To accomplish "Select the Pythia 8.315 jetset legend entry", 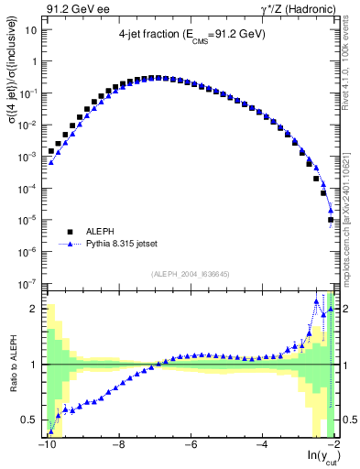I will pyautogui.click(x=124, y=245).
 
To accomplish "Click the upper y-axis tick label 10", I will pyautogui.click(x=31, y=29).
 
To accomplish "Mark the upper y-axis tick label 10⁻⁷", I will pyautogui.click(x=29, y=284).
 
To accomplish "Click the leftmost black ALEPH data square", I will pyautogui.click(x=52, y=150).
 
